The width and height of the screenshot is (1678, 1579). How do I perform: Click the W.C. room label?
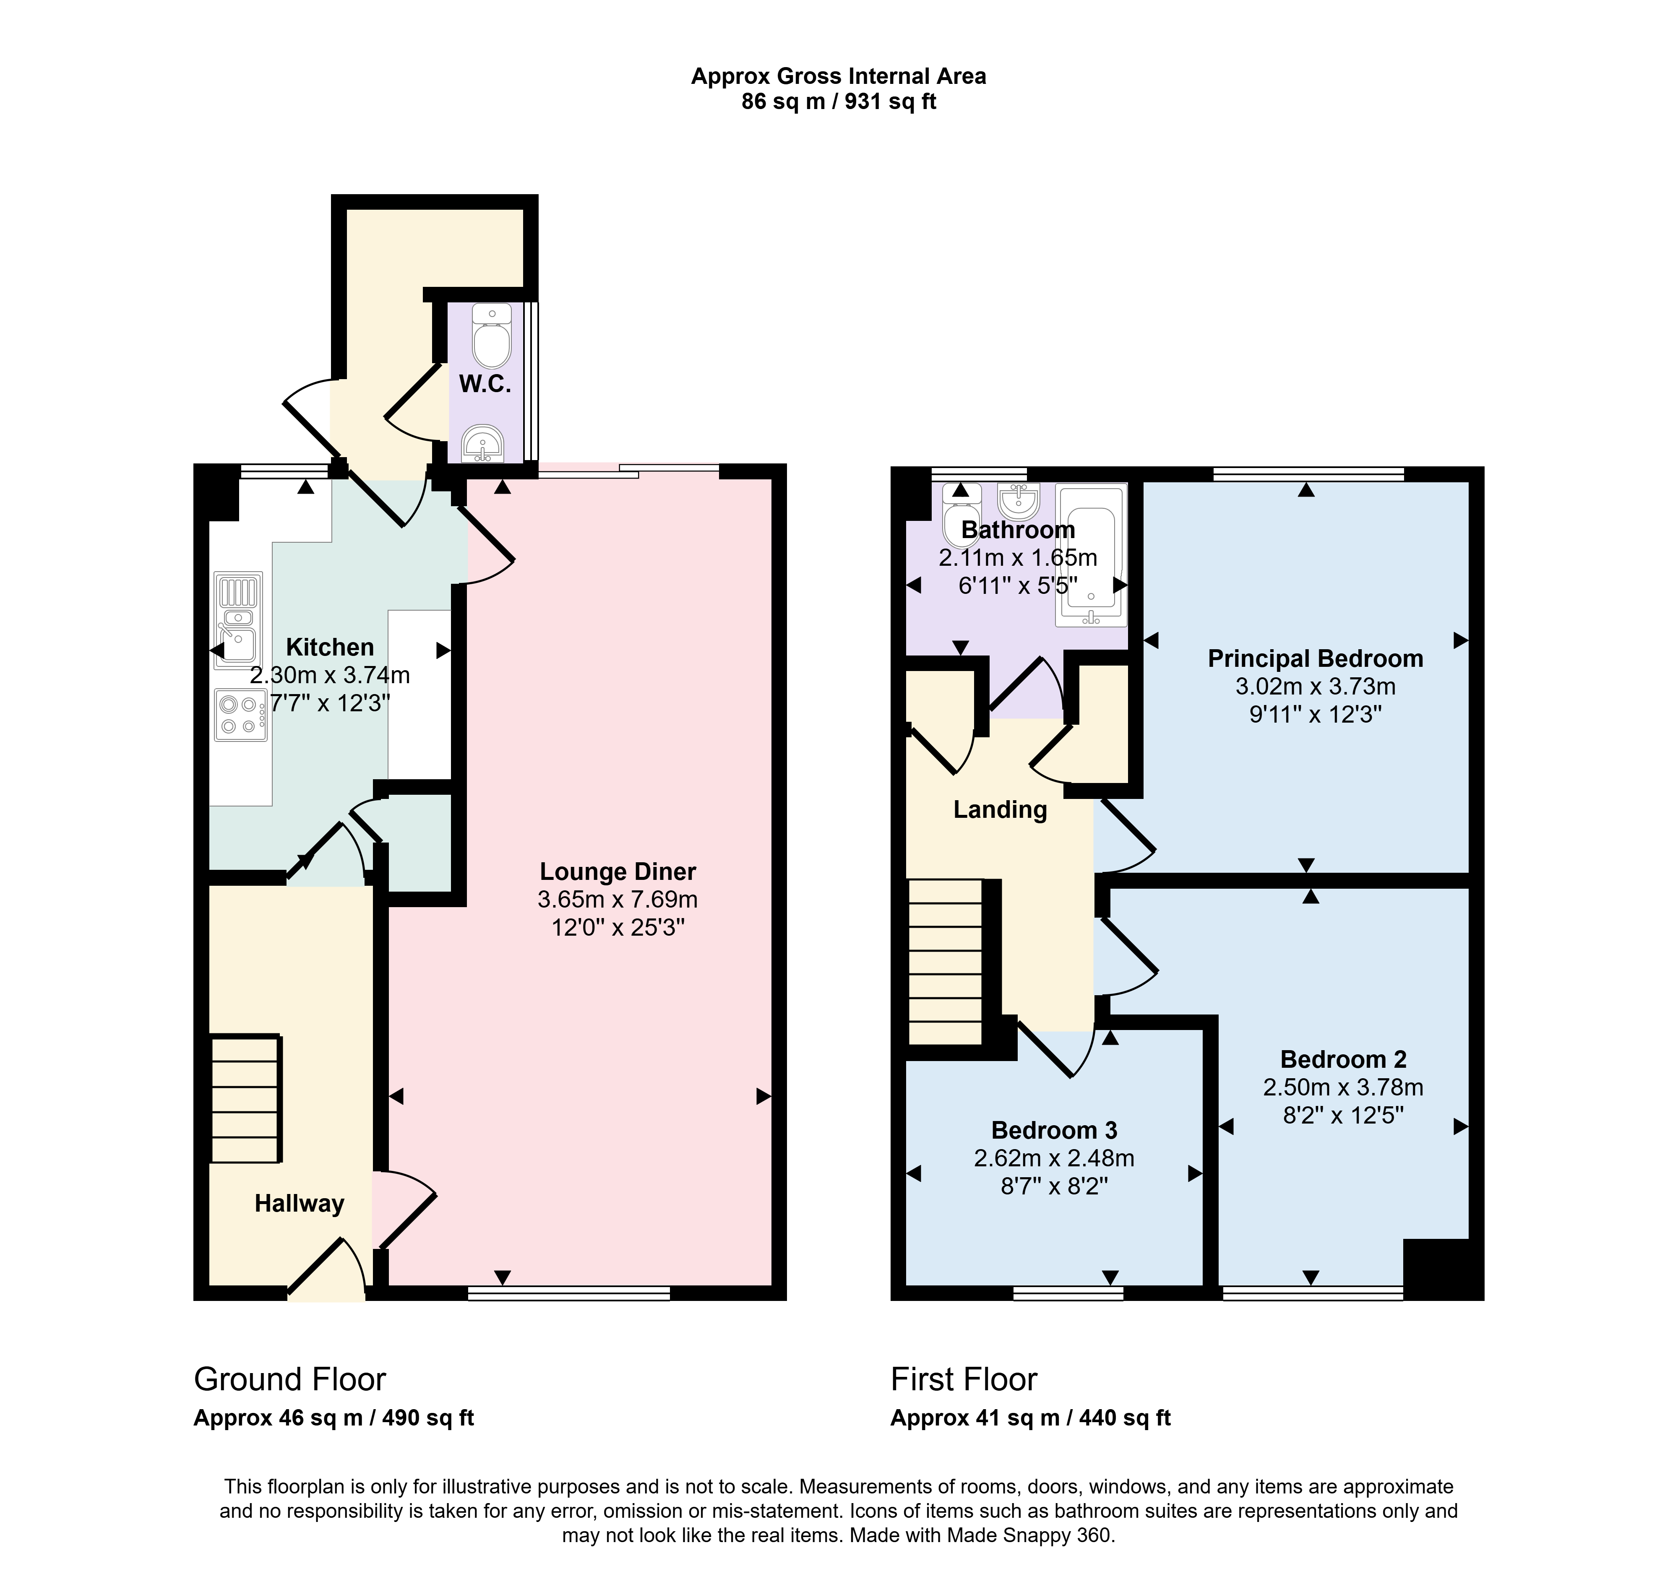tap(485, 385)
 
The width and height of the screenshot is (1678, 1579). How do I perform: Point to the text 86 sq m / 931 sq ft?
tap(839, 102)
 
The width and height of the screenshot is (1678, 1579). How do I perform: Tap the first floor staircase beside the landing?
tap(946, 963)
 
